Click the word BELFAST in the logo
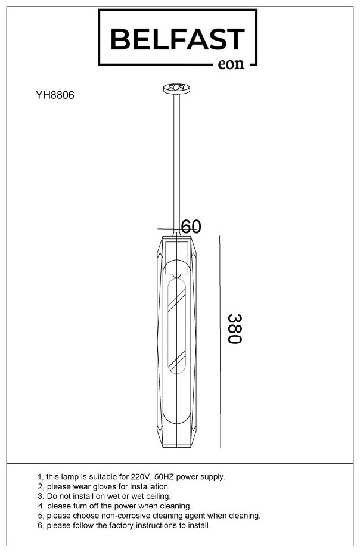pyautogui.click(x=178, y=39)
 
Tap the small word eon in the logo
pyautogui.click(x=231, y=64)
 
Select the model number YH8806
pyautogui.click(x=55, y=95)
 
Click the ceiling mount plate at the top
pyautogui.click(x=176, y=88)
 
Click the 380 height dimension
pyautogui.click(x=235, y=328)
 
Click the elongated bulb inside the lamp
pyautogui.click(x=176, y=325)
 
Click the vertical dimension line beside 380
pyautogui.click(x=220, y=342)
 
